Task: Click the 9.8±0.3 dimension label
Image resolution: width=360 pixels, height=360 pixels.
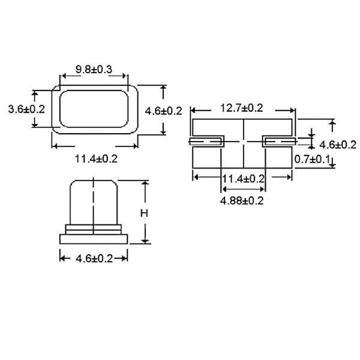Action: [x=94, y=70]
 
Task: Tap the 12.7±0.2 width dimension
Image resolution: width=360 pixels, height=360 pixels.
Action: [x=242, y=108]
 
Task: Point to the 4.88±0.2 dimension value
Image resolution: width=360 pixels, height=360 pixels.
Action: [x=242, y=200]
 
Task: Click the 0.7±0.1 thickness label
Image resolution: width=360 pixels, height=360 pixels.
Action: [x=313, y=158]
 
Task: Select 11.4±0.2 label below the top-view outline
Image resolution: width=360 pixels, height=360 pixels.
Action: [x=96, y=158]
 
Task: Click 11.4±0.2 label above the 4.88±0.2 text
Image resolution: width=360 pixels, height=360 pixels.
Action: [x=243, y=179]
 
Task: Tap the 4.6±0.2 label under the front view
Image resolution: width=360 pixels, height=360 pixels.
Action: [x=94, y=259]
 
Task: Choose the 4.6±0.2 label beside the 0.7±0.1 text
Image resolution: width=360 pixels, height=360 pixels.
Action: [x=338, y=145]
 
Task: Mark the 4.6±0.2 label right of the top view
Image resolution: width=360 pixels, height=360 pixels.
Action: [x=164, y=110]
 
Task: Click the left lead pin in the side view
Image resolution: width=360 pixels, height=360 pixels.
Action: [x=206, y=142]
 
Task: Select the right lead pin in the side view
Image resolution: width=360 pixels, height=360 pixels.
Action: [x=279, y=142]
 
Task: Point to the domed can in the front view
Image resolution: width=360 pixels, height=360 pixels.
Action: [x=94, y=201]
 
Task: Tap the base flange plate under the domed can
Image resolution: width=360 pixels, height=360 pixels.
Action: [x=94, y=238]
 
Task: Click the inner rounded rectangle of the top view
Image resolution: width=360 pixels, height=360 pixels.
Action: [x=94, y=109]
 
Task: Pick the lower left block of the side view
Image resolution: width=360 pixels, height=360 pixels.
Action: [x=206, y=157]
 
